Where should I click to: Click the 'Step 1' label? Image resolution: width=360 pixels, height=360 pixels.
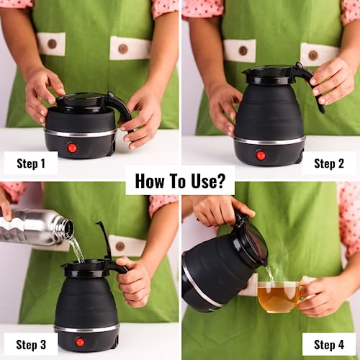[x=31, y=163]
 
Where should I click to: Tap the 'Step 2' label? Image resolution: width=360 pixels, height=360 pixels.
[x=329, y=163]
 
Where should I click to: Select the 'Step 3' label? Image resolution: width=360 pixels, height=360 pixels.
[x=31, y=345]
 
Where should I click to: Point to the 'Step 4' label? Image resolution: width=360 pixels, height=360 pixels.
[x=329, y=345]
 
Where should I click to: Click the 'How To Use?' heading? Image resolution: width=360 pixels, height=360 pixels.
[x=180, y=181]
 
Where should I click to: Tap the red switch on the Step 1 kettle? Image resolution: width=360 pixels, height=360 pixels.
[x=72, y=148]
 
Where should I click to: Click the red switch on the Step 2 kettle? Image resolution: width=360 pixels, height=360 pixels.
[x=261, y=156]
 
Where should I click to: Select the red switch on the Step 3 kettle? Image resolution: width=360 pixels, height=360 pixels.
[x=79, y=342]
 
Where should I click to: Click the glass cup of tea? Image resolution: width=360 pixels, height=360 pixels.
[x=279, y=297]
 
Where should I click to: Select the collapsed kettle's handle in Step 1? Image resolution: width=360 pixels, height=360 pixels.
[x=124, y=110]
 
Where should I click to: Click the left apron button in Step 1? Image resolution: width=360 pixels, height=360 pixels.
[x=52, y=44]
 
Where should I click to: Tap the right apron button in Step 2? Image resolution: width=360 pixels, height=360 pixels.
[x=313, y=55]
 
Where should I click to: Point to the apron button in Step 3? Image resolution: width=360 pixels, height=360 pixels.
[x=120, y=246]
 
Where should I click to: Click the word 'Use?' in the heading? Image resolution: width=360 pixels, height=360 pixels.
[x=208, y=181]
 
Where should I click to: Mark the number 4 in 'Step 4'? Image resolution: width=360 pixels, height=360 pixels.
[x=341, y=345]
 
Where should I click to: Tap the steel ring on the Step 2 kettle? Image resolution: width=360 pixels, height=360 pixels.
[x=270, y=140]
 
